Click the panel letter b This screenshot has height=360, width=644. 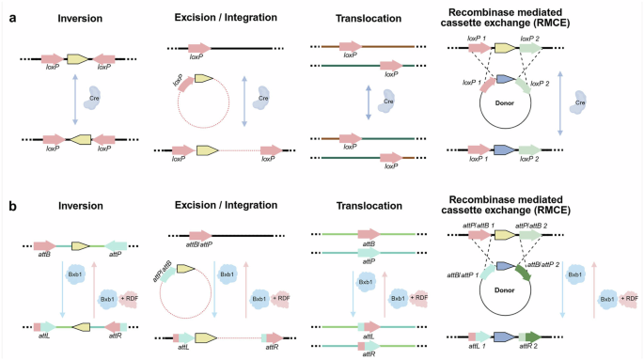coord(8,201)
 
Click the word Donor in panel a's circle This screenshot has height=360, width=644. coord(506,96)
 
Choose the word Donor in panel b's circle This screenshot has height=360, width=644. coord(506,290)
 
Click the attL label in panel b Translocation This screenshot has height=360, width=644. coord(354,335)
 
